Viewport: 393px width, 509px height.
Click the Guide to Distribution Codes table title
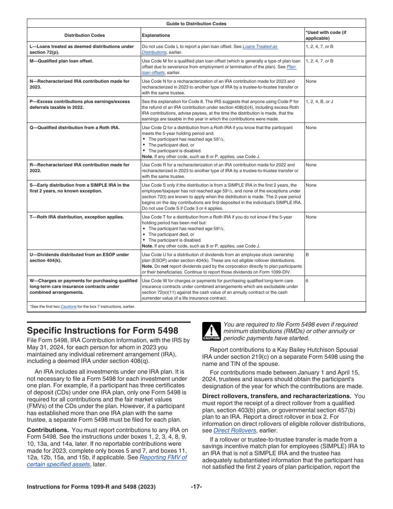pyautogui.click(x=196, y=24)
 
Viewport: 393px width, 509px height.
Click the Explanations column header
pyautogui.click(x=156, y=35)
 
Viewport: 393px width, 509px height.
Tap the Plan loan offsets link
pyautogui.click(x=291, y=67)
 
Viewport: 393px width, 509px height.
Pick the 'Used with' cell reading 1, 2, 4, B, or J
pyautogui.click(x=319, y=101)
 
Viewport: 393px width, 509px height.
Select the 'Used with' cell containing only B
pyautogui.click(x=307, y=254)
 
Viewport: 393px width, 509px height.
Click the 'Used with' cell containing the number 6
pyautogui.click(x=307, y=281)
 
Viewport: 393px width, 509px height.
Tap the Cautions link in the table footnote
pyautogui.click(x=68, y=307)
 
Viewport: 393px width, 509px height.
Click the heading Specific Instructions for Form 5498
pyautogui.click(x=102, y=331)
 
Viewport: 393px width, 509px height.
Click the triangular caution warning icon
pyautogui.click(x=211, y=331)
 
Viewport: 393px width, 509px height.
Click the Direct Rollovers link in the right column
pyautogui.click(x=235, y=430)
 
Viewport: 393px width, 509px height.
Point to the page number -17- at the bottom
pyautogui.click(x=196, y=487)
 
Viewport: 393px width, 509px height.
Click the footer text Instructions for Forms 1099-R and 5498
pyautogui.click(x=91, y=487)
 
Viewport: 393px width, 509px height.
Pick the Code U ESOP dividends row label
pyautogui.click(x=79, y=257)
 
